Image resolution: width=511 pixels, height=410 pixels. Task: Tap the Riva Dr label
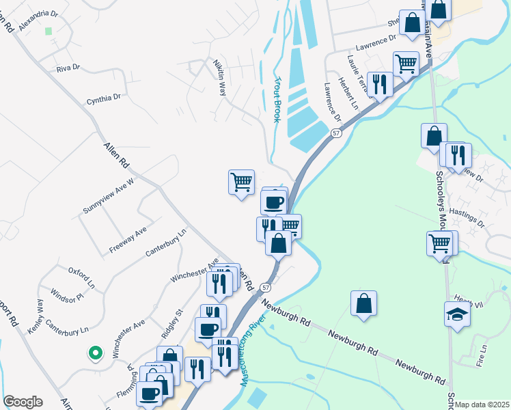tap(68, 68)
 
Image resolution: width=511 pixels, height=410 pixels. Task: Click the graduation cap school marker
tap(457, 315)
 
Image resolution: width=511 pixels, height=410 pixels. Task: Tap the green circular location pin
tap(95, 353)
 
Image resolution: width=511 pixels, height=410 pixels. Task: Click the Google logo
tap(23, 402)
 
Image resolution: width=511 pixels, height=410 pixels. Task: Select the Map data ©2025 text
tap(482, 405)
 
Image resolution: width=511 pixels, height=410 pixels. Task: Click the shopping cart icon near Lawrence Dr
tap(406, 64)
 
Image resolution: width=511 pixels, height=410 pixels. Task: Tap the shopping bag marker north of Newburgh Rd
tap(363, 303)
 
